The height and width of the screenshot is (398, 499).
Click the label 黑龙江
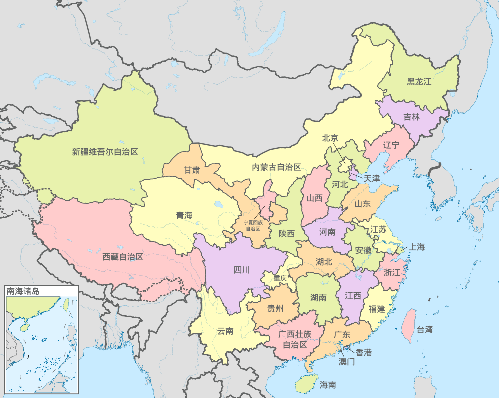(x=419, y=82)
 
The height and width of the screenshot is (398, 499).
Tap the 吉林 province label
(x=412, y=118)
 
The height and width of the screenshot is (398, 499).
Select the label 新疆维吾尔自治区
(x=105, y=152)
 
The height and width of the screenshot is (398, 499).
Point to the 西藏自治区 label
(x=123, y=257)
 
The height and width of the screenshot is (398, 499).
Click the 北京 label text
(x=330, y=138)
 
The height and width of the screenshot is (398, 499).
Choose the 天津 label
(x=372, y=178)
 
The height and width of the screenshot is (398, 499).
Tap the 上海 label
(x=417, y=247)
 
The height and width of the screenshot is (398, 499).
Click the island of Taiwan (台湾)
(x=409, y=325)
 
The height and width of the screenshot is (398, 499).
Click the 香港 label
(x=363, y=353)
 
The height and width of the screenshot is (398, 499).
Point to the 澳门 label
(x=347, y=361)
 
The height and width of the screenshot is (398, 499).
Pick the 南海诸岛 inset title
(x=22, y=290)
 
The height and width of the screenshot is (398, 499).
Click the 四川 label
(x=242, y=271)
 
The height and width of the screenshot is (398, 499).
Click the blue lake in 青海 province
(x=218, y=204)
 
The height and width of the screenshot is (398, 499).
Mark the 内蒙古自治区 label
(x=276, y=167)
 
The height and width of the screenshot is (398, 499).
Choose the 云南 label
(x=225, y=331)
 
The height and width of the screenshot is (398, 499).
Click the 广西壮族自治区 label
(x=293, y=339)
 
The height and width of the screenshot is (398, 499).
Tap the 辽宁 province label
(x=391, y=145)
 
